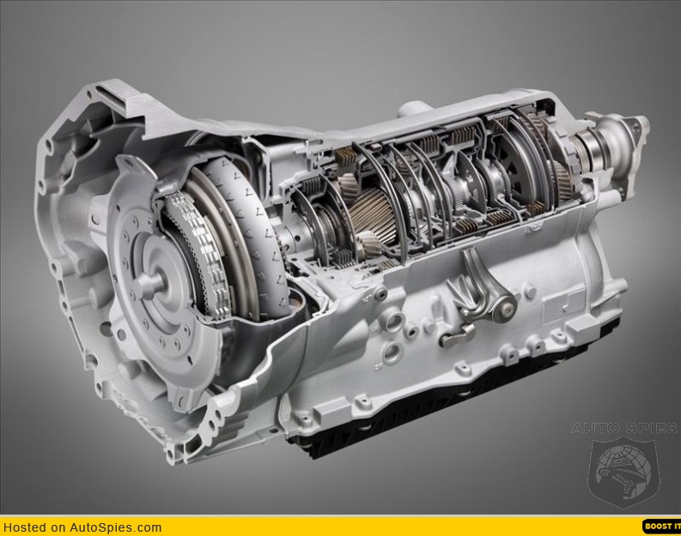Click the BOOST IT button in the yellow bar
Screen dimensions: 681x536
click(x=661, y=526)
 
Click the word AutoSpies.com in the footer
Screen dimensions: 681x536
click(x=116, y=527)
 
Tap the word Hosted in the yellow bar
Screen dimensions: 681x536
click(x=25, y=527)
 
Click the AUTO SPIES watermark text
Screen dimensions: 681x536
click(x=623, y=428)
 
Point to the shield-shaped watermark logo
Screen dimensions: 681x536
click(x=624, y=472)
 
